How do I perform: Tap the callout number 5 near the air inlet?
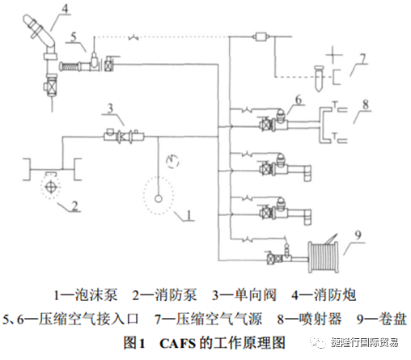tap(74, 36)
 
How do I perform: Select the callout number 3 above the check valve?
tap(110, 108)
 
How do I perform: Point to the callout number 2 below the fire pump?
tap(74, 205)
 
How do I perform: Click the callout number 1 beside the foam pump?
tap(189, 215)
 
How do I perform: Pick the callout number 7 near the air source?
tap(362, 59)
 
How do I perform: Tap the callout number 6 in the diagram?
tap(299, 100)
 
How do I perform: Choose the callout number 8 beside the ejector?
tap(366, 104)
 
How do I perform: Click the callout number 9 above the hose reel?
tap(358, 235)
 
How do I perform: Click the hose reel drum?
tap(323, 257)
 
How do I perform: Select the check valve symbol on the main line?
tap(124, 137)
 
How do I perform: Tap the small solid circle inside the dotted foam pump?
tap(159, 199)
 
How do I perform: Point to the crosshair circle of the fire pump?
tap(50, 187)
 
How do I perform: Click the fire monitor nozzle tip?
tap(28, 19)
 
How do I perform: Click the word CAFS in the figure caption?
tap(177, 343)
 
